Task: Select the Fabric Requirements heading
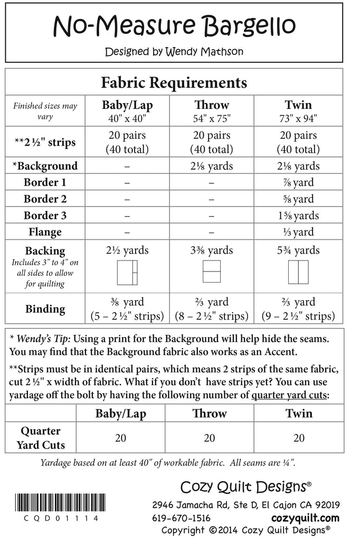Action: (x=174, y=83)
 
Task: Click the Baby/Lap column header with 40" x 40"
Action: (x=127, y=111)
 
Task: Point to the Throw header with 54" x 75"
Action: (x=212, y=111)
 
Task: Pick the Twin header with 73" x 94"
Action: (x=298, y=111)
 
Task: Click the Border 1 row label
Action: (x=45, y=183)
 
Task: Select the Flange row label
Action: (x=45, y=232)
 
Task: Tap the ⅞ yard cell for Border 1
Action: (x=298, y=183)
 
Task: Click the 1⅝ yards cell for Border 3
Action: (x=298, y=216)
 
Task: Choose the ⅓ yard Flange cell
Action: (x=298, y=232)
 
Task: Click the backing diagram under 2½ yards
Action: (x=127, y=273)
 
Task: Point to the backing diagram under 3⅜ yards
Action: (x=212, y=273)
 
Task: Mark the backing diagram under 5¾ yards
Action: (x=298, y=273)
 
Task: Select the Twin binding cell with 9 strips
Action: (x=298, y=310)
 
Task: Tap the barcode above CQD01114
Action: (x=56, y=503)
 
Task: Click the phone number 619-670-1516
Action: (x=181, y=518)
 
